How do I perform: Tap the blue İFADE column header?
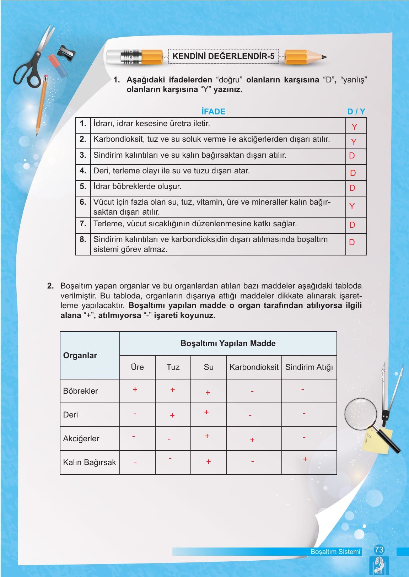pyautogui.click(x=213, y=112)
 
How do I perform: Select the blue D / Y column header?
pyautogui.click(x=356, y=112)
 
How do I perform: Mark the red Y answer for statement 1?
pyautogui.click(x=354, y=127)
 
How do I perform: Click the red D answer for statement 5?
pyautogui.click(x=352, y=188)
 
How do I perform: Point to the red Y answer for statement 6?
pyautogui.click(x=352, y=206)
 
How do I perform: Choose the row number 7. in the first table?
pyautogui.click(x=83, y=224)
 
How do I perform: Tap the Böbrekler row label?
pyautogui.click(x=80, y=391)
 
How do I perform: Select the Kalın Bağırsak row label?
pyautogui.click(x=90, y=462)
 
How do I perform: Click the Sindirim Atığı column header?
pyautogui.click(x=309, y=367)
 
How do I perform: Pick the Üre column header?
pyautogui.click(x=137, y=367)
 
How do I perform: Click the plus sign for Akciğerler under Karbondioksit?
pyautogui.click(x=252, y=440)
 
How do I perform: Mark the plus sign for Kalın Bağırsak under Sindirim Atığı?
pyautogui.click(x=305, y=459)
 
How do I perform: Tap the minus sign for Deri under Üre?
pyautogui.click(x=135, y=414)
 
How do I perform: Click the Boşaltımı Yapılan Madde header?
pyautogui.click(x=228, y=343)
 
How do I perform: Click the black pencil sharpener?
pyautogui.click(x=67, y=52)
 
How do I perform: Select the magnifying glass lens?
pyautogui.click(x=360, y=413)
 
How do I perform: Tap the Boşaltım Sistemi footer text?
pyautogui.click(x=335, y=552)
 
